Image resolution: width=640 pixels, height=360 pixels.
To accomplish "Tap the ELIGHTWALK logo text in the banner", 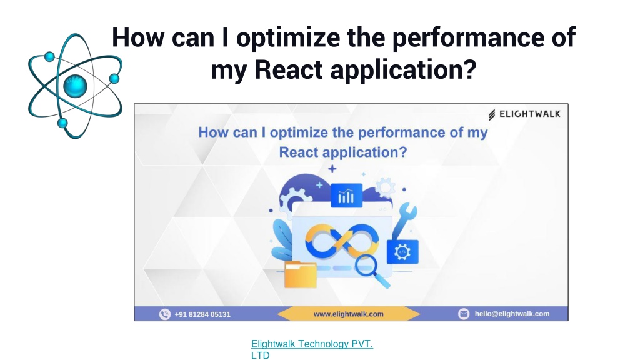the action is point(530,114).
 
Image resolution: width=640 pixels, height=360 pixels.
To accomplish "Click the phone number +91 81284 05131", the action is point(202,314).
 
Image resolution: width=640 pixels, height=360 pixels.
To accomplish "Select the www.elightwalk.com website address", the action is point(349,314).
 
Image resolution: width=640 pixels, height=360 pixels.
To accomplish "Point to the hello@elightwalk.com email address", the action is point(512,314).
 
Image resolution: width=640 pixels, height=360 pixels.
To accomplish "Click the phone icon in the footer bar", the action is point(165,314).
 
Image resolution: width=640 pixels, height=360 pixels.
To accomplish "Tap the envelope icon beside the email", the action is point(464,314).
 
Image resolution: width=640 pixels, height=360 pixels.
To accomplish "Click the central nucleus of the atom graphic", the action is point(76,86).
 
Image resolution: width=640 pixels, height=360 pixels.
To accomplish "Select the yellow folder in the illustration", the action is point(301,274).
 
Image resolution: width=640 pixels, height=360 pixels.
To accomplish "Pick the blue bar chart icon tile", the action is point(346,195).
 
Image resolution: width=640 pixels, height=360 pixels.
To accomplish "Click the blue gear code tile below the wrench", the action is point(402,252).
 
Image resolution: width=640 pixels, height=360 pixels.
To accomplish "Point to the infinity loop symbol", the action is point(342,241).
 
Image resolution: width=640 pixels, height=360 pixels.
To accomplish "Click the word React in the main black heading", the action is point(289,69).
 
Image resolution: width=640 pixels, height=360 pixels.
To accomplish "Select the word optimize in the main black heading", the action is point(287,37).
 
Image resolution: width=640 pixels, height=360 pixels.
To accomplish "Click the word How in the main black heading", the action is point(138,37).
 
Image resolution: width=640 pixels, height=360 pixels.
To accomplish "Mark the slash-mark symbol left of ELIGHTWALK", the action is point(492,115).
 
